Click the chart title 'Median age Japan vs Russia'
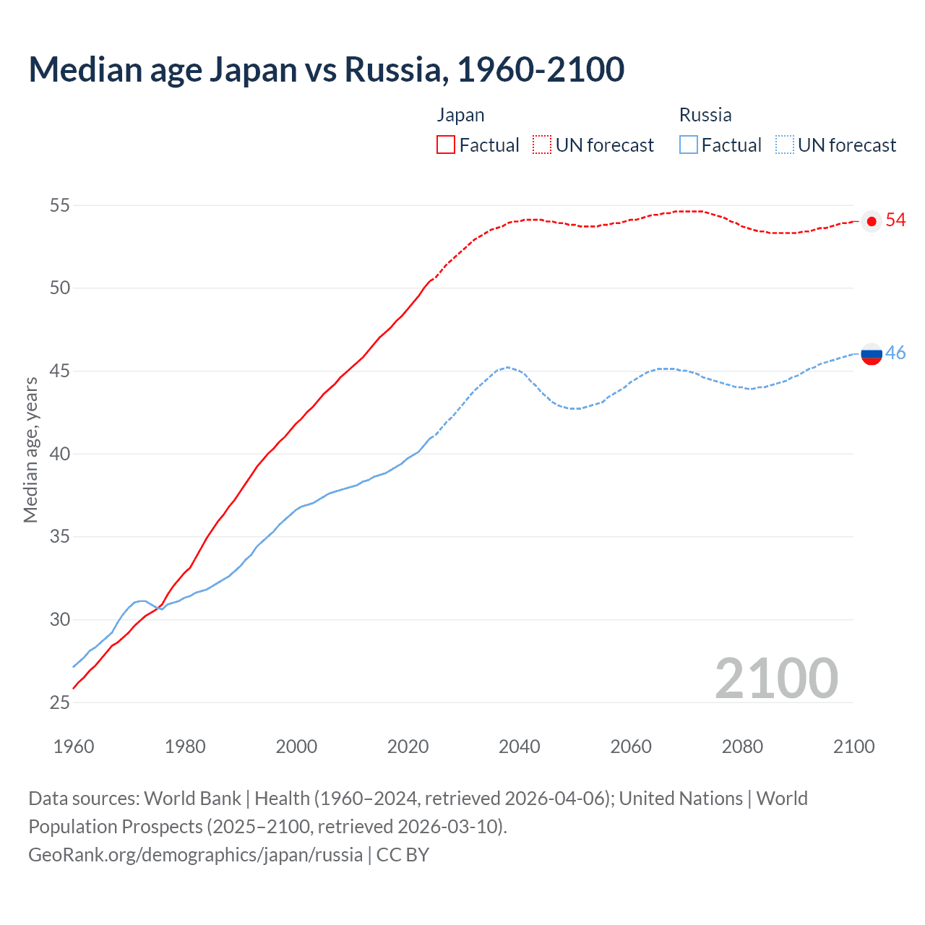point(326,69)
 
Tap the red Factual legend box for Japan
point(446,145)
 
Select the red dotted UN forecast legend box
point(542,145)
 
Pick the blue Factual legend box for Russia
point(689,145)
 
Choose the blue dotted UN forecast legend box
point(785,145)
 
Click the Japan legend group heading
point(460,115)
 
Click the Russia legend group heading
point(705,115)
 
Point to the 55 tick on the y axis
point(59,205)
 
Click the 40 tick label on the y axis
point(59,454)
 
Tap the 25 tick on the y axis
point(59,702)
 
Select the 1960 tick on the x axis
point(74,746)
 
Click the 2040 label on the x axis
point(520,746)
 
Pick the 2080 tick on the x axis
point(742,746)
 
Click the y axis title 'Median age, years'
point(30,449)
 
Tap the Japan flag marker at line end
point(872,221)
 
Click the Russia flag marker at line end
point(872,354)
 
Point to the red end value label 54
point(895,220)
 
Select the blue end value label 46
point(895,353)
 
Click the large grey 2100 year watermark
point(776,678)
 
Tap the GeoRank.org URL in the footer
point(195,854)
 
